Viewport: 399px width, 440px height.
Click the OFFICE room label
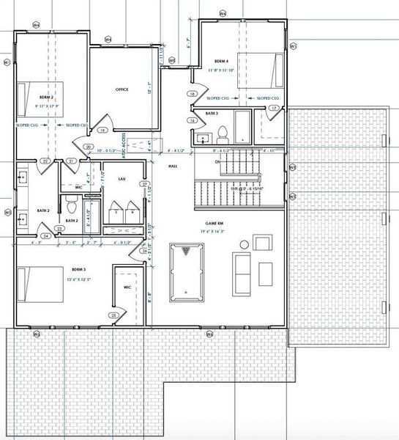coord(122,89)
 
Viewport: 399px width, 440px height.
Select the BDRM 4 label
coord(223,61)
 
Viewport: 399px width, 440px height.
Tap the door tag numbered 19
coord(103,130)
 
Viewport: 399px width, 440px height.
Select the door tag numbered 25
coord(113,315)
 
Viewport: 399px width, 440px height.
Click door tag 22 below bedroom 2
coord(45,161)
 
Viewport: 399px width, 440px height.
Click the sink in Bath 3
coord(203,138)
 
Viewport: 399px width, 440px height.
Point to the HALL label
coord(173,166)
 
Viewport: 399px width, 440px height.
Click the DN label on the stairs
coord(217,161)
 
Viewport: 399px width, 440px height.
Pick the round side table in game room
coord(261,242)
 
